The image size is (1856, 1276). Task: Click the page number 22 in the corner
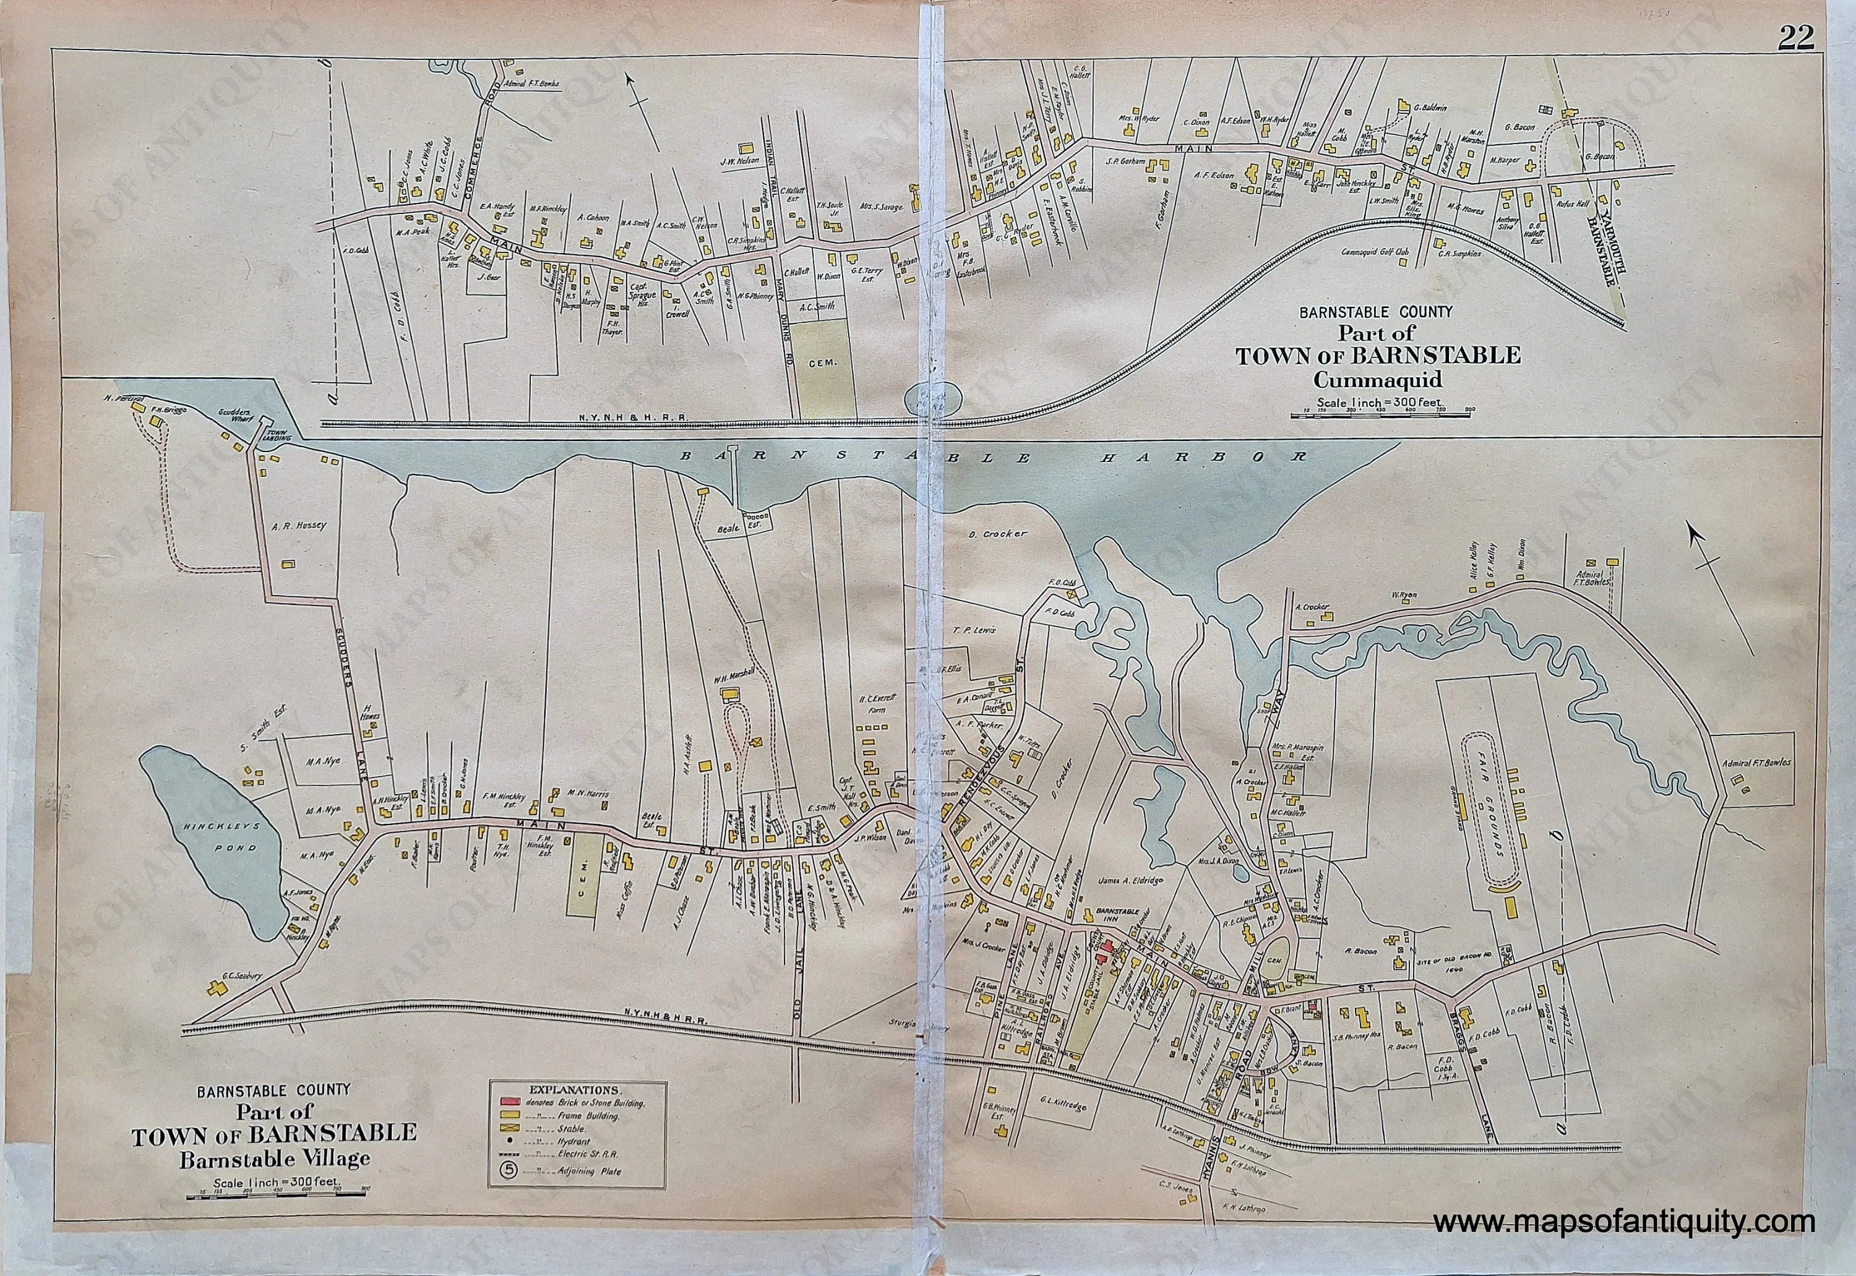1795,38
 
